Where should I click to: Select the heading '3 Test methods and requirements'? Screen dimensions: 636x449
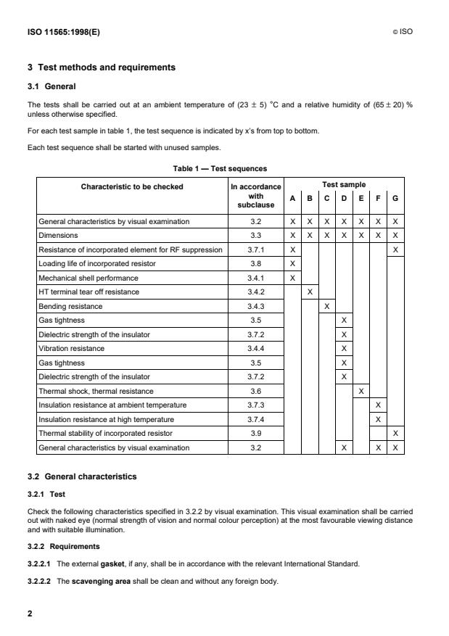(102, 67)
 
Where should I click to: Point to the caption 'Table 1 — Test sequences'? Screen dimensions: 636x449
(220, 168)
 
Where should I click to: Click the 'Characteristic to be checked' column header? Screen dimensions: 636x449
(132, 186)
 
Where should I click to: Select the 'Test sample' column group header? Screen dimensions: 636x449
(344, 184)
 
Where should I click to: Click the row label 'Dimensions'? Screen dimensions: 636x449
(58, 235)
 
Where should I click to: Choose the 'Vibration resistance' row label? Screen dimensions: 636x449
(71, 349)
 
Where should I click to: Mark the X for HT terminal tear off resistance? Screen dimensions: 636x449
(310, 292)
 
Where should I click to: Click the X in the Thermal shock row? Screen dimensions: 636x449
(361, 391)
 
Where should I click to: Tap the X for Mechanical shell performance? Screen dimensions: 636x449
(292, 278)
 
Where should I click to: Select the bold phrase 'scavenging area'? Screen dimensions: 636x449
(99, 580)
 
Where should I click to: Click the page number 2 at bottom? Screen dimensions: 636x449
(30, 614)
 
